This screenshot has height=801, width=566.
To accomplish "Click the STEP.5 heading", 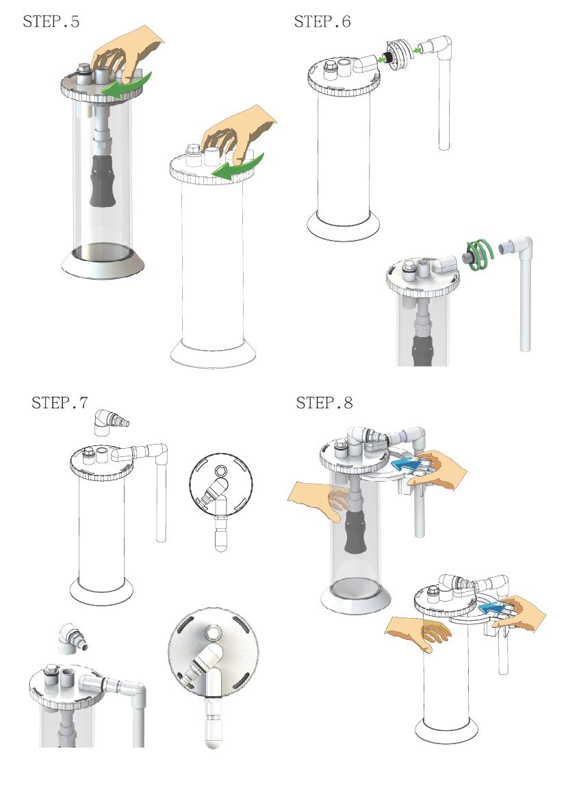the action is [x=51, y=21].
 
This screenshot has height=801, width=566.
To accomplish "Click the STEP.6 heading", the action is [x=322, y=21].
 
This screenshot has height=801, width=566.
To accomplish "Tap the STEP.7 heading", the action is [x=60, y=402].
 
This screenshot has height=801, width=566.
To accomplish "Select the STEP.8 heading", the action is [x=324, y=402].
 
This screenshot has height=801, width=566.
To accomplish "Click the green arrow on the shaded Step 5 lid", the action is [x=127, y=86].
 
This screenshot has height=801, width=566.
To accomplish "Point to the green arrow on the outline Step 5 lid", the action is [x=239, y=168].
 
